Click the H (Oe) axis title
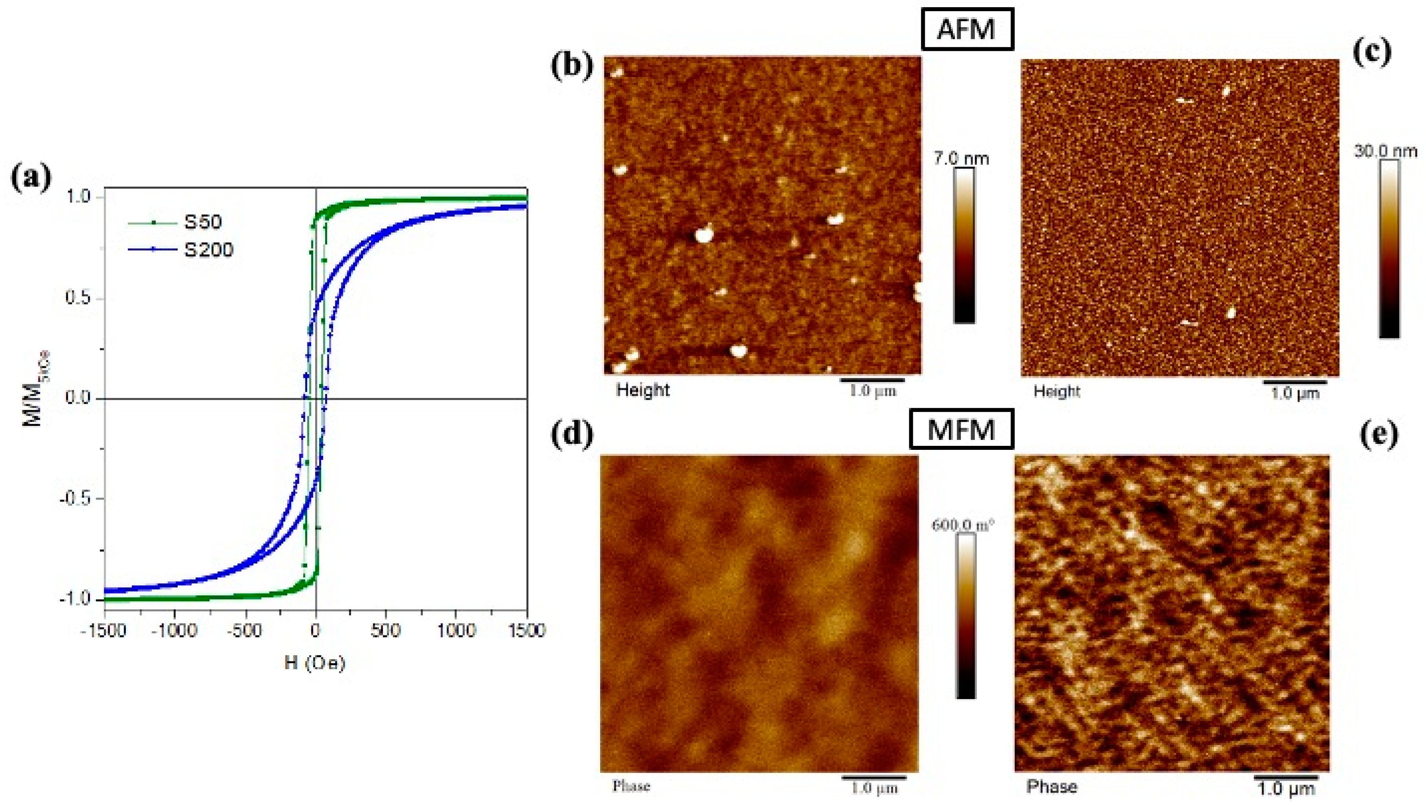(x=314, y=663)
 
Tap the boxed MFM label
(x=962, y=429)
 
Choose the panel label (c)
(x=1371, y=53)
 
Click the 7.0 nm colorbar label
(x=962, y=159)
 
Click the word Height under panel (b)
(x=643, y=390)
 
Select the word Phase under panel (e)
(x=1051, y=787)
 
